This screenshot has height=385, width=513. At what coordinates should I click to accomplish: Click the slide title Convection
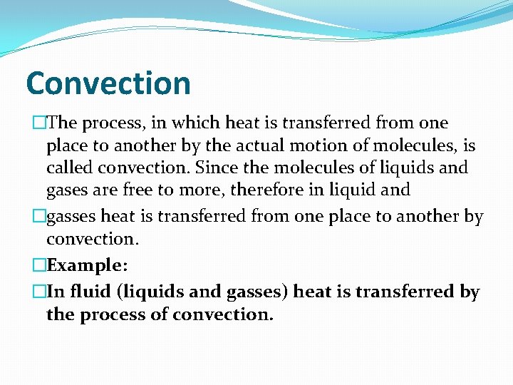108,83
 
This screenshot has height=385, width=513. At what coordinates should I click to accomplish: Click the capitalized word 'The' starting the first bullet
63,123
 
